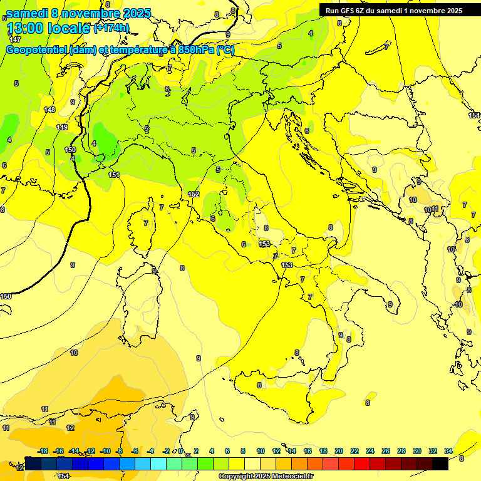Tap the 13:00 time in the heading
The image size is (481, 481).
[x=24, y=29]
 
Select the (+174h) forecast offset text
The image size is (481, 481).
[x=111, y=28]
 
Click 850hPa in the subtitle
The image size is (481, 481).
[x=194, y=50]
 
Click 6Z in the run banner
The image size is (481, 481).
[x=361, y=11]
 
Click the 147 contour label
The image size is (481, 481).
[x=15, y=39]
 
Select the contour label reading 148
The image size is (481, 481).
[x=49, y=110]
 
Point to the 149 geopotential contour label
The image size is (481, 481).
[x=62, y=127]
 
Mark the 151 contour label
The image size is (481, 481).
[x=113, y=175]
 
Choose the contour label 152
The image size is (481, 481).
[x=194, y=194]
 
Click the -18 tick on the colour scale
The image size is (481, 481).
[x=43, y=451]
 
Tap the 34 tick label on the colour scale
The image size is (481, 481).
[x=448, y=451]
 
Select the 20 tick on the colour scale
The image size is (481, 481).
[x=339, y=451]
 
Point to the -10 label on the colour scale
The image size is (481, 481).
[x=105, y=451]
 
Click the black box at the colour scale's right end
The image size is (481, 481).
[x=440, y=463]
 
